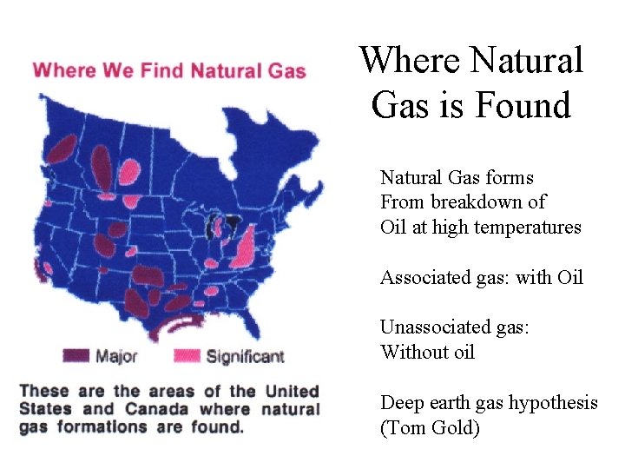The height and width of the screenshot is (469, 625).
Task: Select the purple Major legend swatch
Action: coord(76,355)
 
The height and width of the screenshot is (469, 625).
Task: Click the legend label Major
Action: coord(115,356)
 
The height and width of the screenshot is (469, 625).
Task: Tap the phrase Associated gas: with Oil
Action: coord(481,278)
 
